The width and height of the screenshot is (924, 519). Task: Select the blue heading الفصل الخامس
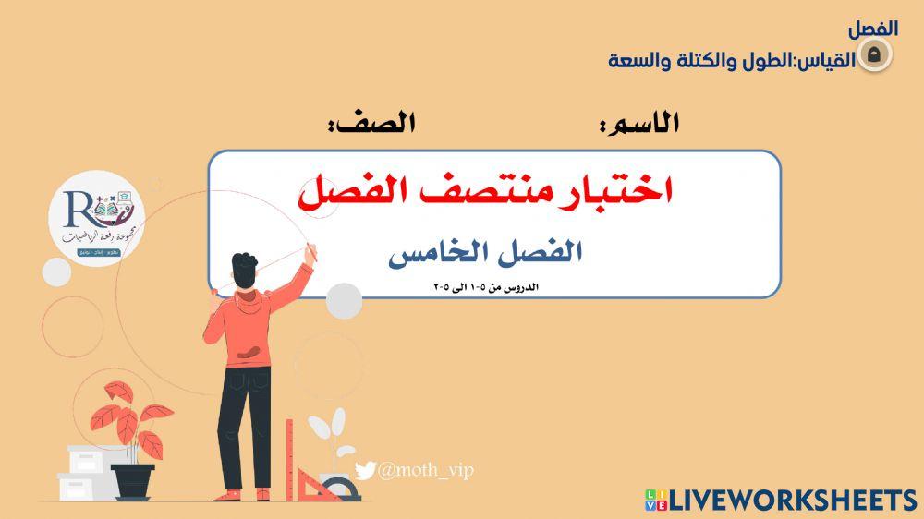tap(485, 253)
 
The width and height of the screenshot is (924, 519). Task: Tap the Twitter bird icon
tap(366, 471)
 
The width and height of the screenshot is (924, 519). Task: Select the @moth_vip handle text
tap(425, 471)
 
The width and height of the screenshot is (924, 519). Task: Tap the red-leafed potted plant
tap(128, 420)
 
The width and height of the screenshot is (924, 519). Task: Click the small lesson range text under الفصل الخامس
tap(486, 286)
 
